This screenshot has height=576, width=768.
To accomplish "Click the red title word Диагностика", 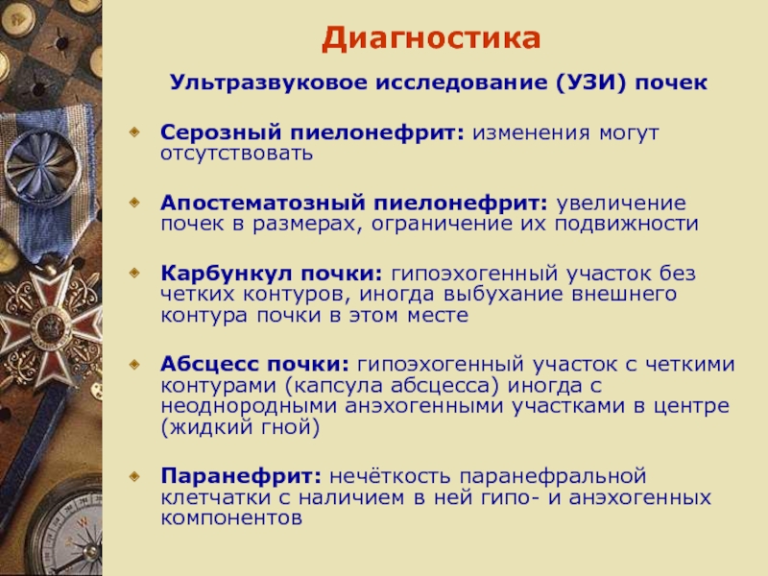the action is [431, 38].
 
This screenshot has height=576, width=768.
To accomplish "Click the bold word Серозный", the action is [221, 132].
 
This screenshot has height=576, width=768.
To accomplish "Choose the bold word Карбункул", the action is [227, 273].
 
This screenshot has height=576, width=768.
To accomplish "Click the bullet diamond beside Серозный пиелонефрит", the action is [134, 132].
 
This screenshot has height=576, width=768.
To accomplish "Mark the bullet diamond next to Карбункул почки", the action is [134, 272].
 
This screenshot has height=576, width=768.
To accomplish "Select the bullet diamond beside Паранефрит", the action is [134, 475].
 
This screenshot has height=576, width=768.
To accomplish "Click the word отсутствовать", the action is [236, 154].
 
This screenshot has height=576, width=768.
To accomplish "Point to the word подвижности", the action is [627, 225].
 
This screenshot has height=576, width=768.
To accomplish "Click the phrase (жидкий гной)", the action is [240, 427].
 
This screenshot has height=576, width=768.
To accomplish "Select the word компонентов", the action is [231, 518].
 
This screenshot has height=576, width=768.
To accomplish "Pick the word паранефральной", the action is [553, 476].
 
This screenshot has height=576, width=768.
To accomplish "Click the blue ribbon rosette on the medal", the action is [43, 165].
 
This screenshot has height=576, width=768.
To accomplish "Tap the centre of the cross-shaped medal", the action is [50, 325].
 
